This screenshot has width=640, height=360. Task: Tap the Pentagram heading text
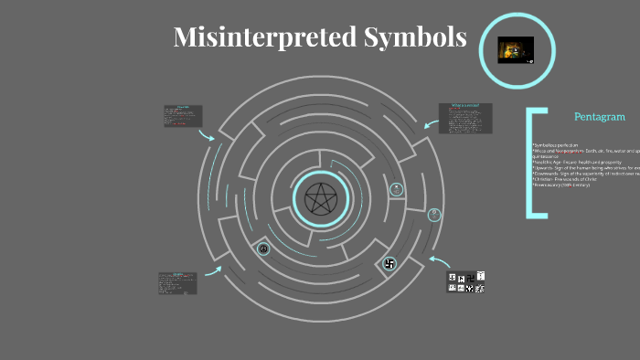tap(599, 117)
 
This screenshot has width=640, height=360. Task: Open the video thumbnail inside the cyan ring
tap(515, 49)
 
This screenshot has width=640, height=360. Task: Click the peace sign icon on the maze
tap(263, 249)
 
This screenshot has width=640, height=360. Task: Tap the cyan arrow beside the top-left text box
tap(208, 134)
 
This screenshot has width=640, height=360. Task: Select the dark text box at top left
tap(183, 116)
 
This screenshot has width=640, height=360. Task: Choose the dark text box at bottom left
tap(177, 282)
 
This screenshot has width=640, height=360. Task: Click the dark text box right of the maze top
tap(465, 117)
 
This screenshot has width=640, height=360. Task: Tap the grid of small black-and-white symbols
tap(466, 282)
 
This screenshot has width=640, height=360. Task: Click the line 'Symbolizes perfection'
tap(557, 145)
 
